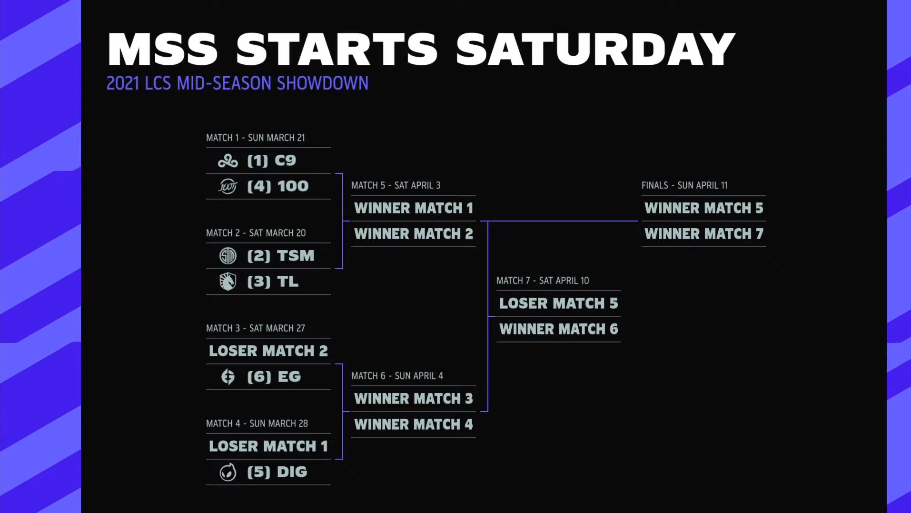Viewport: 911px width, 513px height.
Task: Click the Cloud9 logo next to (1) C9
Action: pos(228,161)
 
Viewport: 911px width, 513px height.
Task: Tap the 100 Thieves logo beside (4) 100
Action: pos(228,186)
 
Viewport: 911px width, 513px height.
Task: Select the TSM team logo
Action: pos(228,256)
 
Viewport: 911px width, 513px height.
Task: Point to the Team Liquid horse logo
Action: pos(228,282)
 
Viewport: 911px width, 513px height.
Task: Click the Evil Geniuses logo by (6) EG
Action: pos(228,377)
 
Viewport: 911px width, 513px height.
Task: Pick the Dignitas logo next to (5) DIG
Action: pos(228,473)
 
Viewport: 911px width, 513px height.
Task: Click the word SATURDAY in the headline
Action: pos(595,49)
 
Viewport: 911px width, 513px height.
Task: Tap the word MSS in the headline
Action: pos(162,49)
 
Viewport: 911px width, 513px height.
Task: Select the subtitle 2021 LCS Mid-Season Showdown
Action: pos(237,83)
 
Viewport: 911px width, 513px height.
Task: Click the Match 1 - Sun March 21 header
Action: pos(255,138)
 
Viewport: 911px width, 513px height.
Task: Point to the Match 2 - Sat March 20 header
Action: pos(256,233)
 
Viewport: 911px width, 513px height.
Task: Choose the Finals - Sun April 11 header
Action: pos(684,185)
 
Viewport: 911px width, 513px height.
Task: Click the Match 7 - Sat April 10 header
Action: pos(542,281)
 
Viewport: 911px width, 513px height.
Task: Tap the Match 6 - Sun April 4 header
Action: pos(396,376)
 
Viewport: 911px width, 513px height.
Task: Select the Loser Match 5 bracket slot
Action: pos(558,303)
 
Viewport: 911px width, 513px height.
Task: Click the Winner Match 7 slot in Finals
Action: pos(703,234)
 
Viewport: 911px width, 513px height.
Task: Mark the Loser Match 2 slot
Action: pos(268,351)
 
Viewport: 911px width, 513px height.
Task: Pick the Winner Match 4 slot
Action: pos(413,424)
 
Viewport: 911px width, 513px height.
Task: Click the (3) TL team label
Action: pos(272,282)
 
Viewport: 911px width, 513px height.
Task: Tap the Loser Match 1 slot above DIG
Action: pos(268,446)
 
